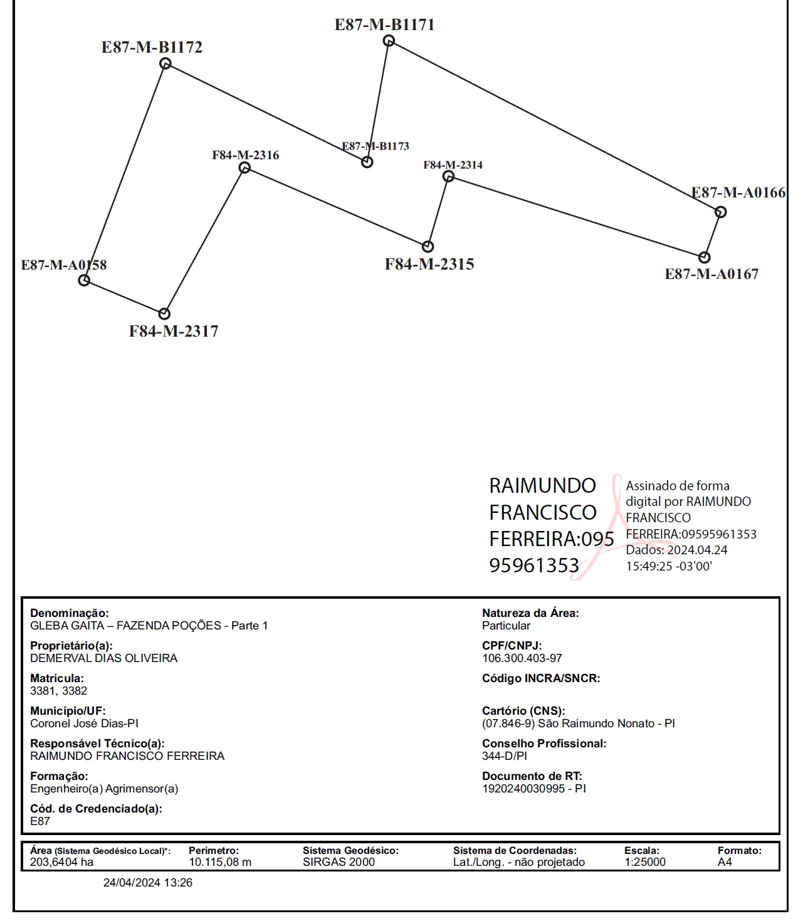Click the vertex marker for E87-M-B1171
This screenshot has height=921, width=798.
[x=389, y=41]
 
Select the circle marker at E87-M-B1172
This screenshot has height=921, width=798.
[x=165, y=63]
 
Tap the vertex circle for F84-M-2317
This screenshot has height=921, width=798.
[x=164, y=313]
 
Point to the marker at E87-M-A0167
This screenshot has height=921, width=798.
[x=704, y=257]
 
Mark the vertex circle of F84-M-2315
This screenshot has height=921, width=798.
[x=428, y=246]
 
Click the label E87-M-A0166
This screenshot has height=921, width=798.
[x=738, y=192]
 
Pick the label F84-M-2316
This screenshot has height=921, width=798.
[x=246, y=155]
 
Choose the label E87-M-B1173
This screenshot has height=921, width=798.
[x=375, y=146]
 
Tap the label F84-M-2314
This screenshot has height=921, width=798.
[x=453, y=165]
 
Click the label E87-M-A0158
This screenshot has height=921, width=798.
[x=64, y=265]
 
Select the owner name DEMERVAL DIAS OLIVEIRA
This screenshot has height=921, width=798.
[x=104, y=658]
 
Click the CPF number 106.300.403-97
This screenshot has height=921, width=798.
[x=522, y=658]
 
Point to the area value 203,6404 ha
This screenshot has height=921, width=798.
[x=62, y=861]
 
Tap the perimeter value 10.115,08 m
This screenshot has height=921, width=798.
[x=220, y=861]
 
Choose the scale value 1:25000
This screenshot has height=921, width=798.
[x=645, y=861]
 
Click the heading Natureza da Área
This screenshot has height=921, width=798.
[x=530, y=613]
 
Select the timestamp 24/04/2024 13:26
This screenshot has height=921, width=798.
[x=148, y=882]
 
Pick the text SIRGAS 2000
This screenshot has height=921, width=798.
[x=339, y=861]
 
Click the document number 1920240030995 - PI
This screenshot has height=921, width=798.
[x=534, y=788]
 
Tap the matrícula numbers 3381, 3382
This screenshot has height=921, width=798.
[x=59, y=691]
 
